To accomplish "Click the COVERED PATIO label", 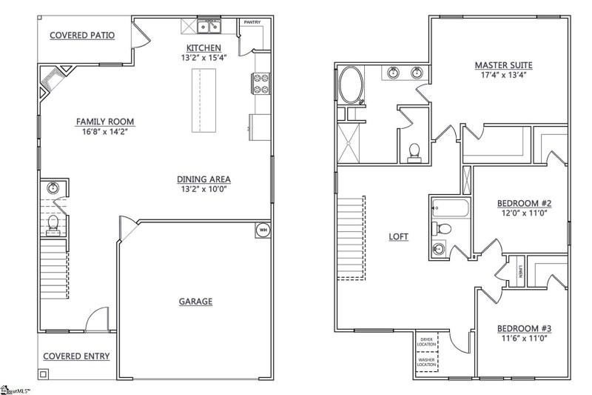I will [x=82, y=35].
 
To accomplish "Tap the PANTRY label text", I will [x=252, y=23].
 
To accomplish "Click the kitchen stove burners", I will [x=260, y=84].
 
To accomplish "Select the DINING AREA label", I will [x=203, y=179].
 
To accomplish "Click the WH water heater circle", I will [x=263, y=230].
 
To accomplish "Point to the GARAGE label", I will [x=195, y=301].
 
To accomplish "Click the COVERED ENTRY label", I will [x=76, y=356].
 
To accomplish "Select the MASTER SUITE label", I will [x=503, y=65].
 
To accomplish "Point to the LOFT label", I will [x=399, y=237].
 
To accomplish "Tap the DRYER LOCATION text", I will [x=427, y=341].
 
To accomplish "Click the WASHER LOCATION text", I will [x=427, y=362].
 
